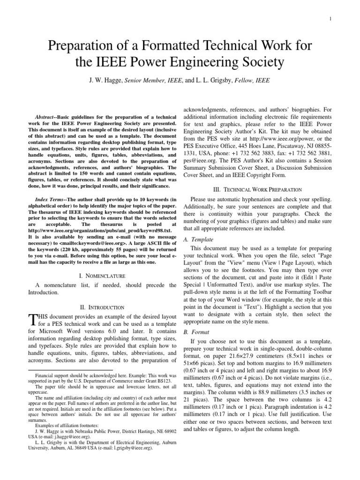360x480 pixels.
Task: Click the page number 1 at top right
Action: point(330,18)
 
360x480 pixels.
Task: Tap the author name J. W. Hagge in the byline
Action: point(105,80)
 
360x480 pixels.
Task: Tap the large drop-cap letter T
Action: point(32,320)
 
